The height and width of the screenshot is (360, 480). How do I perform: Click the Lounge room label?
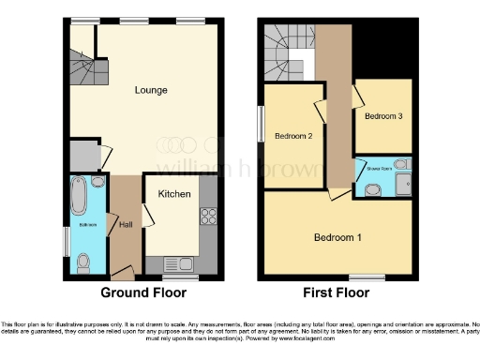click(x=150, y=91)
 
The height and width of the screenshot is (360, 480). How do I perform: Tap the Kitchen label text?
click(x=174, y=194)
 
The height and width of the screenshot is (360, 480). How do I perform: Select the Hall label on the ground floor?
click(x=125, y=223)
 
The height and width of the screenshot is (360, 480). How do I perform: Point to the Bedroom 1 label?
click(x=337, y=237)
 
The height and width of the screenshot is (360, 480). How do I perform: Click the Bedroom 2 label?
click(x=292, y=136)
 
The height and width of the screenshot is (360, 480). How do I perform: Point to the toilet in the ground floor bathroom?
click(x=82, y=265)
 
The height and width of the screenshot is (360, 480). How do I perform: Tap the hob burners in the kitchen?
click(x=208, y=217)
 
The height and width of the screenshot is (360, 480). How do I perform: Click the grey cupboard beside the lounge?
click(x=84, y=155)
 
